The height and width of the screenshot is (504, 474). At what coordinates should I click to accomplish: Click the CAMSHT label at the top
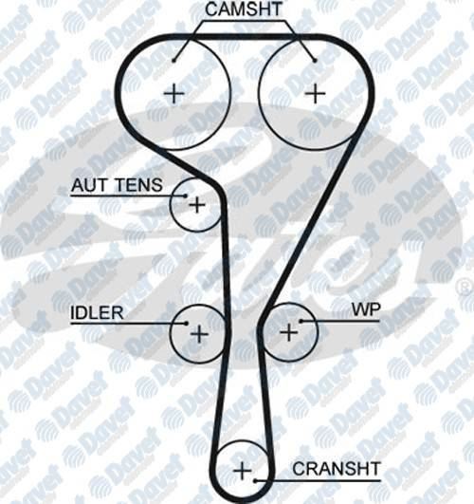click(243, 9)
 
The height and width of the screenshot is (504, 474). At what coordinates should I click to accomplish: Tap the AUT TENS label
click(117, 185)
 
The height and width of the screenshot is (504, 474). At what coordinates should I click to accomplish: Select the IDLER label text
click(97, 312)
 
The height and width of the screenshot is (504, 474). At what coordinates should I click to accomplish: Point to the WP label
click(366, 309)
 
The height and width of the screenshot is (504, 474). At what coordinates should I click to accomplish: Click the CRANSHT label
click(337, 469)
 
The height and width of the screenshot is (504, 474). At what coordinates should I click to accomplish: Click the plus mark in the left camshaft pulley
click(174, 94)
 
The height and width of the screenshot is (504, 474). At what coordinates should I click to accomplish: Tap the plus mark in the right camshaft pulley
click(315, 93)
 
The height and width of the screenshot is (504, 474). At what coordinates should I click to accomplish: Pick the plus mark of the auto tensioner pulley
click(197, 205)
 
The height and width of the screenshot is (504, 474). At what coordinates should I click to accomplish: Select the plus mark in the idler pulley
click(199, 334)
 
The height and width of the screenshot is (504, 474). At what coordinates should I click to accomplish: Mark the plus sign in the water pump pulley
click(289, 332)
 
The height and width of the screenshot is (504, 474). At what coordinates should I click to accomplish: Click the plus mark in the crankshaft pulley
click(243, 471)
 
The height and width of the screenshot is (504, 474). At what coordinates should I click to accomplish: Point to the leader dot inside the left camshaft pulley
click(173, 60)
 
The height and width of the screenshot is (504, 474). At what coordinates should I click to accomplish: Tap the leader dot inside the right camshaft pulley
click(315, 60)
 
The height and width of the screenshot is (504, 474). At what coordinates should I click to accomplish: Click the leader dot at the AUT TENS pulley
click(185, 196)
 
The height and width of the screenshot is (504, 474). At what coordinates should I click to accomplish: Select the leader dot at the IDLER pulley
click(186, 323)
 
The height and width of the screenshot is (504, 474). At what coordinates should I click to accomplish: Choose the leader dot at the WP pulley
click(301, 321)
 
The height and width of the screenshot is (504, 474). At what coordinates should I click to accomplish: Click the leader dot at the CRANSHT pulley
click(255, 481)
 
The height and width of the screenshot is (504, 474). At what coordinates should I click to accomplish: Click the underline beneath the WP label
click(340, 321)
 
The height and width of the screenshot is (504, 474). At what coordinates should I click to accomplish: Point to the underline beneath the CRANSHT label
click(318, 481)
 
